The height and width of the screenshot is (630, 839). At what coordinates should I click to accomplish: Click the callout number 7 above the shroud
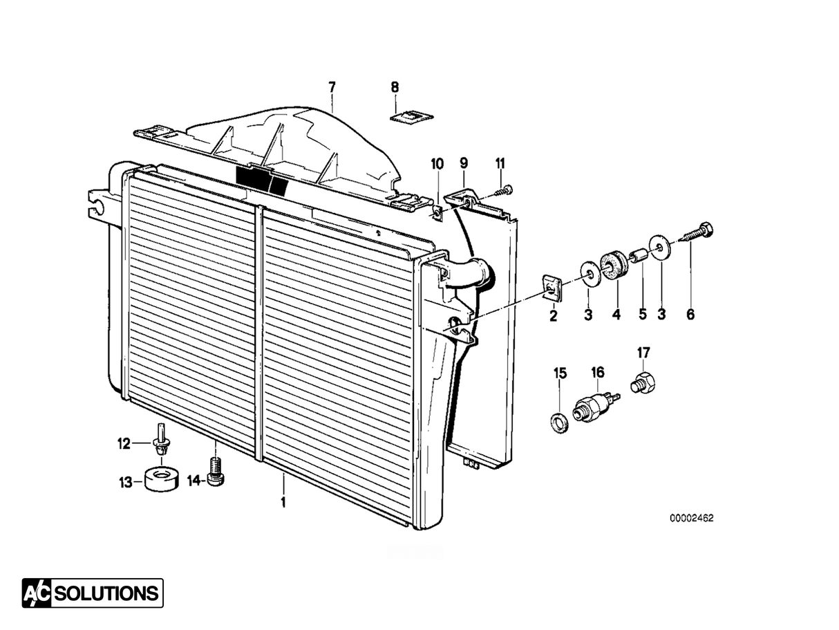click(332, 87)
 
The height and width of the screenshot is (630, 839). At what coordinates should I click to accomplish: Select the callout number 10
click(437, 164)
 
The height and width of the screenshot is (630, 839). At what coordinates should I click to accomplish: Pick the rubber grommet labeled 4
click(613, 266)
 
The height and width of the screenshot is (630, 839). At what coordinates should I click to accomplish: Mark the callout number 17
click(643, 353)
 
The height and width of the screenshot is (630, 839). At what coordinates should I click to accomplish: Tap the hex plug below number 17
click(644, 382)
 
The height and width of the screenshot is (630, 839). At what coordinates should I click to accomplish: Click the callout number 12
click(124, 444)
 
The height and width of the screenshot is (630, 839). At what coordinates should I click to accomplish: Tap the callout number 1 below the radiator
click(282, 501)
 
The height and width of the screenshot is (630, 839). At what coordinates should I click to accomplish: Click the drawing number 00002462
click(690, 518)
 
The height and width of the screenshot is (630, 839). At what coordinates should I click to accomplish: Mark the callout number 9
click(464, 163)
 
